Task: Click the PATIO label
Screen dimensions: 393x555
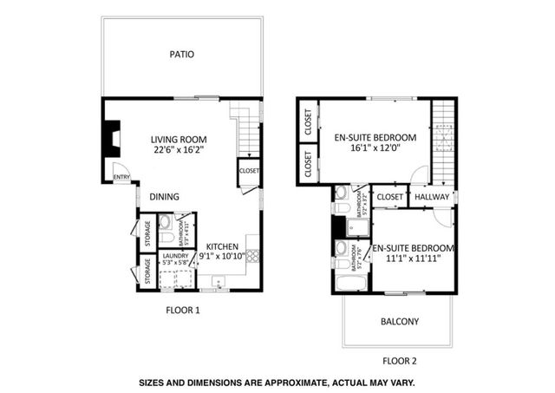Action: pos(181,55)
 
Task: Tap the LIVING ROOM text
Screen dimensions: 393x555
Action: pos(180,139)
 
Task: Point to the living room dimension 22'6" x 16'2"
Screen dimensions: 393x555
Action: pos(180,150)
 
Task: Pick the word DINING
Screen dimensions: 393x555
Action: pos(164,197)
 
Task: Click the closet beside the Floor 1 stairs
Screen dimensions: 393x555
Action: pos(249,171)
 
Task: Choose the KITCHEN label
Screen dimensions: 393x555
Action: pos(223,246)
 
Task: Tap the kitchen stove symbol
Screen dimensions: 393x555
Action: pos(252,256)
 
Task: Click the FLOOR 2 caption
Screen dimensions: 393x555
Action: pos(400,359)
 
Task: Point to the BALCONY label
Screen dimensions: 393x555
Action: pos(400,322)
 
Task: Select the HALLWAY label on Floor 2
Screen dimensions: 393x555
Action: pos(432,197)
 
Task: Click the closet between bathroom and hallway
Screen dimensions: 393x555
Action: pos(390,197)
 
